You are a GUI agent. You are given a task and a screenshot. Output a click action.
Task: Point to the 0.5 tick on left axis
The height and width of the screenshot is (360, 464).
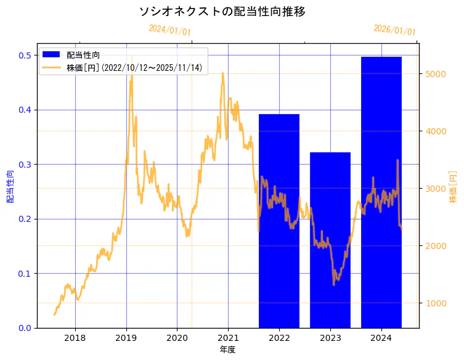tap(25, 55)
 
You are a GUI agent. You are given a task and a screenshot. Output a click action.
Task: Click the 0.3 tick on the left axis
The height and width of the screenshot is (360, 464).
tap(25, 165)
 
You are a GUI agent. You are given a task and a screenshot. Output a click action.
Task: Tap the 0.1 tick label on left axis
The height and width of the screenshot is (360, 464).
tap(25, 274)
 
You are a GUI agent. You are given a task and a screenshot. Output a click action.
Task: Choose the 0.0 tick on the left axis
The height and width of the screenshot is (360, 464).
tap(25, 328)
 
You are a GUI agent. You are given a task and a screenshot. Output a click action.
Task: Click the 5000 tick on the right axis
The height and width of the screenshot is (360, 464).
tap(435, 74)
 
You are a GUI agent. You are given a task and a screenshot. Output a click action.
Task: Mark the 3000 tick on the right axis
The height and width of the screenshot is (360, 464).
tap(435, 189)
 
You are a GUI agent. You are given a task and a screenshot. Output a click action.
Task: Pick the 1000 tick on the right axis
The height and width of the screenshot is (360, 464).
tap(435, 303)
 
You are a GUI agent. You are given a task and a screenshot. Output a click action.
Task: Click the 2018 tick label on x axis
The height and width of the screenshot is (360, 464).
tap(75, 338)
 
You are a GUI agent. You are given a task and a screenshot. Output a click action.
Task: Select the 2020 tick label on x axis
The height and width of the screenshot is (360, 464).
tap(177, 338)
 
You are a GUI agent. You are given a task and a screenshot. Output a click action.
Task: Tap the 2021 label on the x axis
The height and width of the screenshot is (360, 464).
tap(228, 338)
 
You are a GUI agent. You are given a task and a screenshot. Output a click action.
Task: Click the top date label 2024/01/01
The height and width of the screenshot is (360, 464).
tap(169, 30)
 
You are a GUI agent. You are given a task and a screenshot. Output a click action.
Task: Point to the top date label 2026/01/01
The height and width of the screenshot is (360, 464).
tap(394, 30)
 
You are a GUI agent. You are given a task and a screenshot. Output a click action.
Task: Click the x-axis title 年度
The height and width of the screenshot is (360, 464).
tap(227, 350)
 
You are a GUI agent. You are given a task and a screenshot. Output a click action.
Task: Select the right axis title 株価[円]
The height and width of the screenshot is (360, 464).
tap(453, 187)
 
